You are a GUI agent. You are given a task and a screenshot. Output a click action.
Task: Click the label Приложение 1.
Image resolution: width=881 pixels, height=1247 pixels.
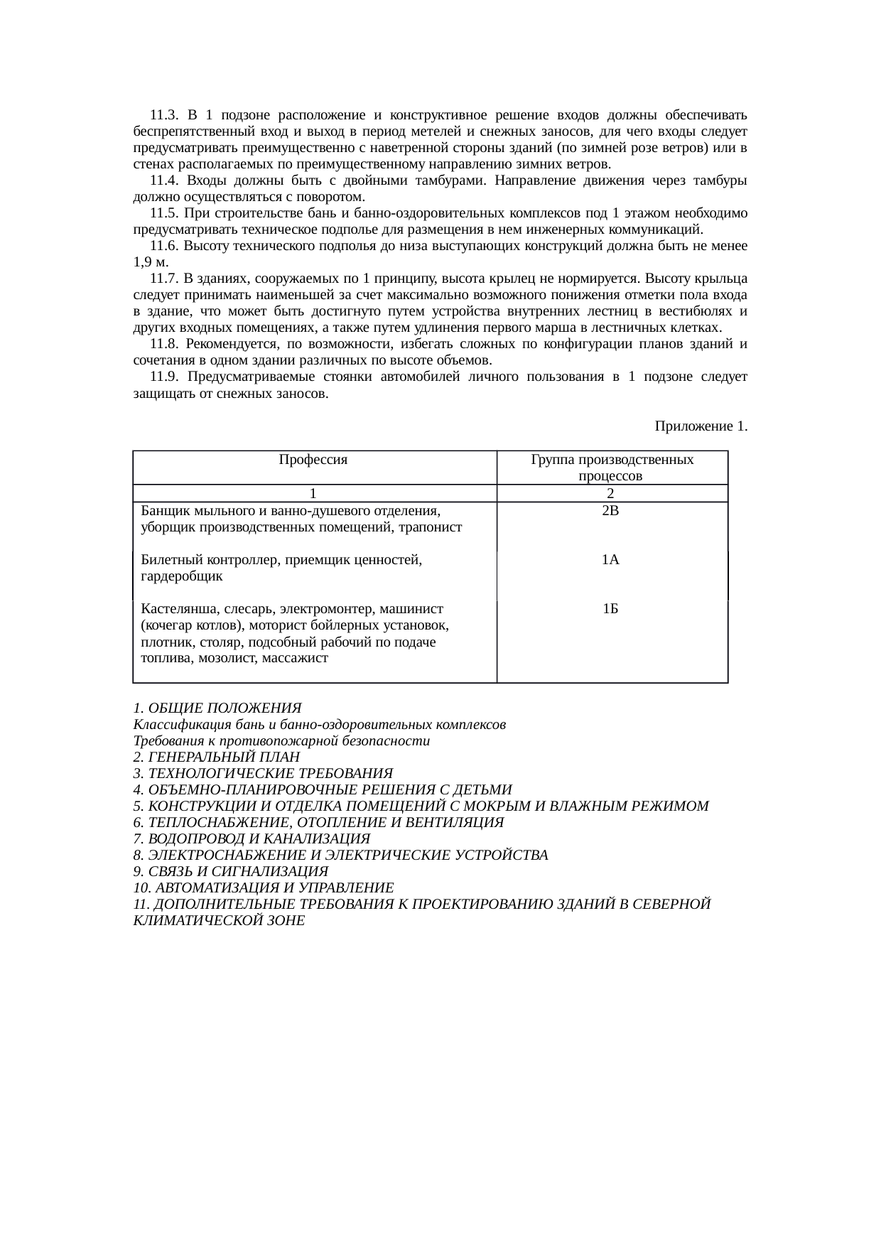click(x=701, y=426)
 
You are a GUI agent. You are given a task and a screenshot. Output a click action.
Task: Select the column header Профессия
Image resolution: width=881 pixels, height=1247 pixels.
click(x=313, y=460)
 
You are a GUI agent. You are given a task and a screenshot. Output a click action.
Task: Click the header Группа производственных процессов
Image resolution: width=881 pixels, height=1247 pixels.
click(x=612, y=468)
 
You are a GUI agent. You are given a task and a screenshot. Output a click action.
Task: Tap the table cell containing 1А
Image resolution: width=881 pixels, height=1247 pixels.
click(x=610, y=560)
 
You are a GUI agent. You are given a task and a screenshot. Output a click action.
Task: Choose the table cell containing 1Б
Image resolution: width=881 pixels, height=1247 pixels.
click(x=610, y=609)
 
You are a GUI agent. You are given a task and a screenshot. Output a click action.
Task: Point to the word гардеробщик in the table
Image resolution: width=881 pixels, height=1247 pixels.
click(x=182, y=576)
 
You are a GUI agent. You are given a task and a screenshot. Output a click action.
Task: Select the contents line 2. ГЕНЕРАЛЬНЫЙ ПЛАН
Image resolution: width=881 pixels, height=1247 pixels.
click(x=216, y=757)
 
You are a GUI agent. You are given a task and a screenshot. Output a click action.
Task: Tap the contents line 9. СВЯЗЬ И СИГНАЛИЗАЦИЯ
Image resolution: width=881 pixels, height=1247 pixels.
click(x=230, y=872)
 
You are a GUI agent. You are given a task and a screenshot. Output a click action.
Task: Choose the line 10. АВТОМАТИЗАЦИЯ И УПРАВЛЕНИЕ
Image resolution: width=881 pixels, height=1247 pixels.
click(x=263, y=888)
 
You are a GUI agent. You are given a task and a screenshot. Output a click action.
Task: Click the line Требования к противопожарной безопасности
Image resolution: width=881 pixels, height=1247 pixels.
click(x=281, y=741)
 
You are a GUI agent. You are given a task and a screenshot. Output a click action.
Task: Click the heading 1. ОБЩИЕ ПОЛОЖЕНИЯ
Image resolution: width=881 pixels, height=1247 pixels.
click(x=217, y=708)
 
